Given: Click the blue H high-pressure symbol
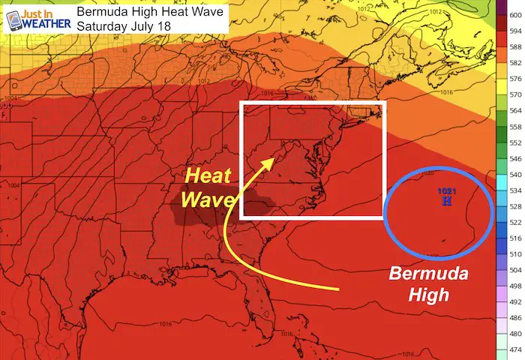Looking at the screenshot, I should [447, 202].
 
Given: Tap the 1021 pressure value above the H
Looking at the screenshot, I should [446, 193].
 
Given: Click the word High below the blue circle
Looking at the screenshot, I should [428, 295].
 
